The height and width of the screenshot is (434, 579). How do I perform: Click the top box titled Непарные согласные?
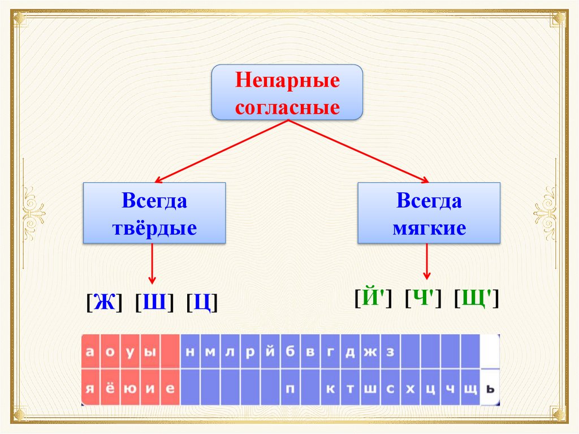click(x=287, y=92)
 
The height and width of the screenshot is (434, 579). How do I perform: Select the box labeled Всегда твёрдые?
click(x=154, y=213)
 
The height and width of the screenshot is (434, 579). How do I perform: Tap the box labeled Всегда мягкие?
click(x=429, y=213)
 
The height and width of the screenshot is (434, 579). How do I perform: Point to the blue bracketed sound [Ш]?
click(x=154, y=303)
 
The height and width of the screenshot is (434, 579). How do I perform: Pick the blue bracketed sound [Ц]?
click(x=202, y=303)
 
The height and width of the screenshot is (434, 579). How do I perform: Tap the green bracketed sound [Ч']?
click(x=423, y=298)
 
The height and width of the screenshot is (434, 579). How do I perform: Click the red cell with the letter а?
click(x=90, y=352)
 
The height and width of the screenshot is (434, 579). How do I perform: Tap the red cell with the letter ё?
click(x=110, y=388)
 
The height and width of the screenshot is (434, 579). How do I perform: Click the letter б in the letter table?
click(x=290, y=352)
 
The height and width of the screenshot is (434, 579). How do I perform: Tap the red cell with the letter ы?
click(x=149, y=352)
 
